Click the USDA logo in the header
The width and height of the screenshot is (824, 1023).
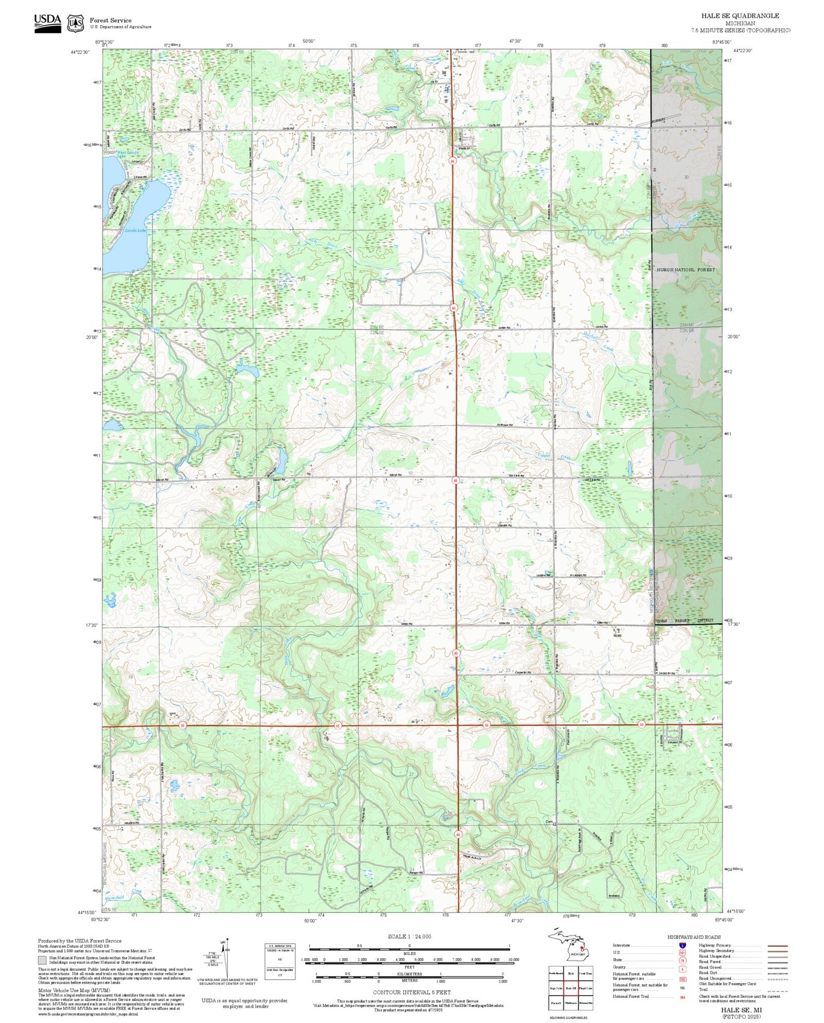coord(47,22)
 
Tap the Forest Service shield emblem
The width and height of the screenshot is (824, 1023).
coord(75,23)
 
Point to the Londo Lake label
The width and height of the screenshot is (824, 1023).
coord(136,230)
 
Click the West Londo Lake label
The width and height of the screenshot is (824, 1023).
coord(128,153)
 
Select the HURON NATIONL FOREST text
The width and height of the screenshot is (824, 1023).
coord(685,270)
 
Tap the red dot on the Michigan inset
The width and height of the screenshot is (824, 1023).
coord(582,948)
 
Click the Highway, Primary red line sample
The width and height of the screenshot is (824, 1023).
coord(777,945)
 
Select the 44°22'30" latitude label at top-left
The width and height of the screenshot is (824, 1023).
coord(80,52)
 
